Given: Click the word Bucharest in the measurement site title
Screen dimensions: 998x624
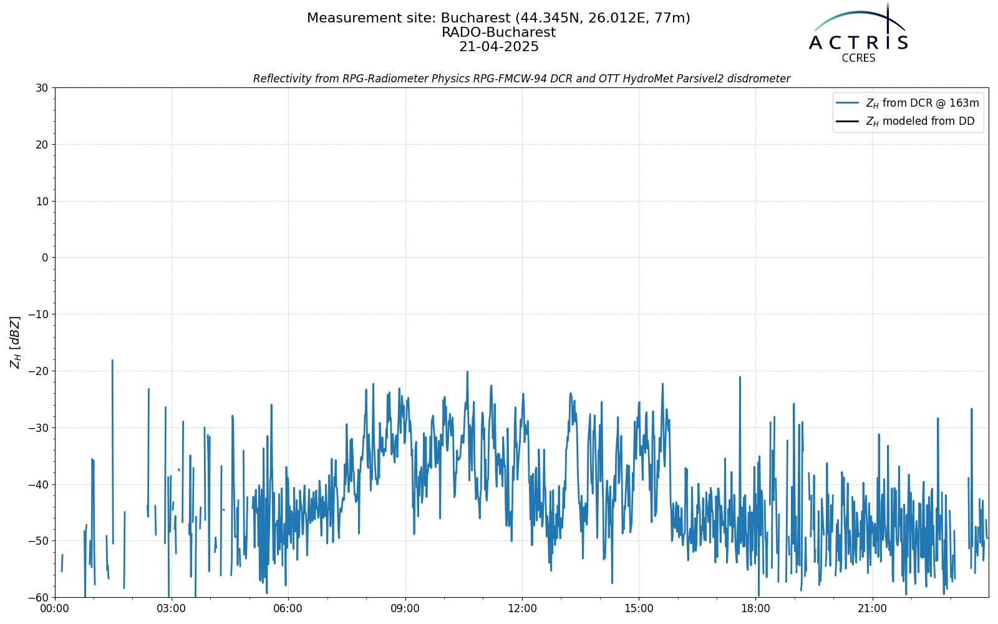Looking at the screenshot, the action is tap(475, 18).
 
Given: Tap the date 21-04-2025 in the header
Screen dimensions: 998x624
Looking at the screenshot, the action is tap(498, 47).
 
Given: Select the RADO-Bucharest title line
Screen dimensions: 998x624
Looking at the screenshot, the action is tap(498, 32).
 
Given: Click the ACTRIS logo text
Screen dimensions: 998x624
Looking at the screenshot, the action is tap(858, 43).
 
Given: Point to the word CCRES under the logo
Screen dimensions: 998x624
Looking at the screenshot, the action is tap(858, 59).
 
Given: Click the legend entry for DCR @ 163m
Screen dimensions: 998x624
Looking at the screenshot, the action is tap(923, 104).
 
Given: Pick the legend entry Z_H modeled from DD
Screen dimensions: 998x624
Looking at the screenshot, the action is tap(920, 121).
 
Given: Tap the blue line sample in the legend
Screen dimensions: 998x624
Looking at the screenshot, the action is tap(848, 103).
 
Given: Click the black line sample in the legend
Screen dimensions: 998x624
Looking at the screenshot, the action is tap(848, 121).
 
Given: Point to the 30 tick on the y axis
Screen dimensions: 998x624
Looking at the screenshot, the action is tap(42, 88).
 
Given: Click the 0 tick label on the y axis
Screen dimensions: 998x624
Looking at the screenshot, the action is tap(45, 258).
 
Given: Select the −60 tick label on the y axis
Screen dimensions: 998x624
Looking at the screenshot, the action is tap(38, 598).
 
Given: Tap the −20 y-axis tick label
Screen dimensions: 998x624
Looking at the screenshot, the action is tap(38, 371).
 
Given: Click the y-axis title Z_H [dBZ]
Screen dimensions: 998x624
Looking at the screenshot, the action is tap(16, 343).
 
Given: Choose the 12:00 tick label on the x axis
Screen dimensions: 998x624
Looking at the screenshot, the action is tap(522, 609).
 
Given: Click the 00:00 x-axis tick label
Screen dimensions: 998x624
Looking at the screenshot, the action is tap(55, 609).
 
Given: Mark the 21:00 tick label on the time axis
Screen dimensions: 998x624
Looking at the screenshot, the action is tap(873, 609).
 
